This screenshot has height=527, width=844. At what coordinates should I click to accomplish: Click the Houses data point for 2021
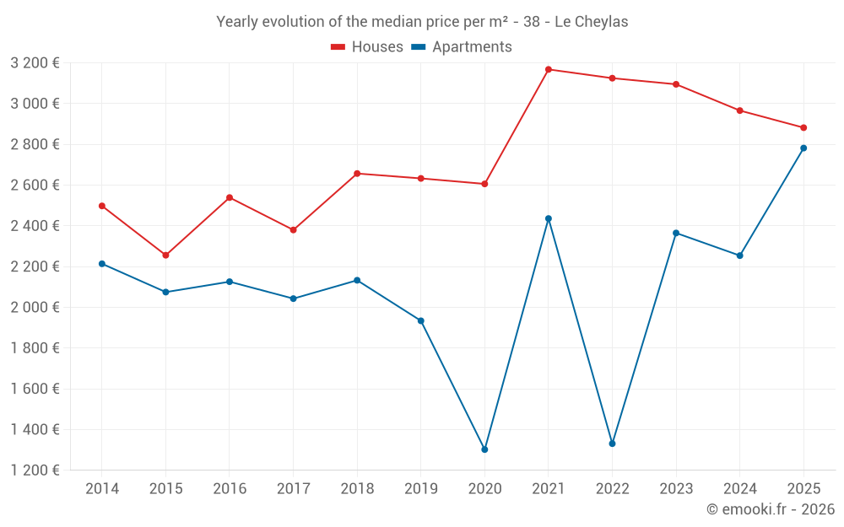[x=549, y=69]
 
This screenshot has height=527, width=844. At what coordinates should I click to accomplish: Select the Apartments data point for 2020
[x=484, y=449]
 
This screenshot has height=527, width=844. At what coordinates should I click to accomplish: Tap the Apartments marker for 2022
[x=612, y=444]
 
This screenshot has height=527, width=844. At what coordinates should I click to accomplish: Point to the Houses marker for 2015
[x=165, y=255]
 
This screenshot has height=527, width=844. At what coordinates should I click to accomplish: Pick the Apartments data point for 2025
[x=803, y=148]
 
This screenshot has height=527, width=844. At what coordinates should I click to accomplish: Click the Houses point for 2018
[x=357, y=174]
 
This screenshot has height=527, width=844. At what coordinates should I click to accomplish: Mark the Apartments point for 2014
[x=102, y=264]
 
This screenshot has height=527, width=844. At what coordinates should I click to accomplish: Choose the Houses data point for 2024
[x=740, y=110]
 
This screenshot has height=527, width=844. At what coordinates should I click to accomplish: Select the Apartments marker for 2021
[x=549, y=218]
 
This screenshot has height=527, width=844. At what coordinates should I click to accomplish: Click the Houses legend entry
[x=367, y=47]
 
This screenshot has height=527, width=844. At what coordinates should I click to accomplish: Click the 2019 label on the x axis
[x=420, y=488]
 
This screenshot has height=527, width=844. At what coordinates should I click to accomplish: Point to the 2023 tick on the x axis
[x=676, y=488]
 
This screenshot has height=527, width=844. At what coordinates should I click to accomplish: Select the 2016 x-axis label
[x=230, y=488]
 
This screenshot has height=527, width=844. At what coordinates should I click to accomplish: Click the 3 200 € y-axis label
[x=35, y=63]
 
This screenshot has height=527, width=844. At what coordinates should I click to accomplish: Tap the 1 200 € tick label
[x=35, y=471]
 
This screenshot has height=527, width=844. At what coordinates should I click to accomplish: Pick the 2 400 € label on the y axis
[x=35, y=226]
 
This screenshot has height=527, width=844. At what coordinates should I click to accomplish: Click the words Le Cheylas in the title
[x=591, y=22]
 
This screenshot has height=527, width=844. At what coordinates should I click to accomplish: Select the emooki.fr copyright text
[x=770, y=509]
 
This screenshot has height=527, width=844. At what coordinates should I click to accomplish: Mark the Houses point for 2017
[x=293, y=229]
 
